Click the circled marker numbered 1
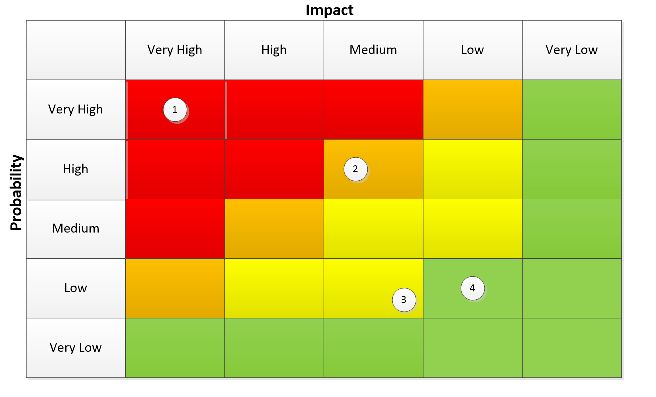tap(175, 110)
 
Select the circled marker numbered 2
tap(355, 169)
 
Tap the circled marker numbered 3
tap(404, 299)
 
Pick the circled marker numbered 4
tap(472, 288)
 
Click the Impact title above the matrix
tap(329, 10)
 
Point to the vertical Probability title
tap(16, 193)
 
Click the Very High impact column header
tap(175, 50)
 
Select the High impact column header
tap(274, 50)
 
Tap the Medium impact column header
tap(373, 50)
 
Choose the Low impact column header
tap(472, 50)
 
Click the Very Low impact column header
tap(571, 50)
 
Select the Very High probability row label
tap(75, 109)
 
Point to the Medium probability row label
tap(75, 228)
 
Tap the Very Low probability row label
tap(75, 347)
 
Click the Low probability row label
tap(75, 288)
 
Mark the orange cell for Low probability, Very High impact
tap(175, 288)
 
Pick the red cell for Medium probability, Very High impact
tap(175, 228)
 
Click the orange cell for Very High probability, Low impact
tap(472, 109)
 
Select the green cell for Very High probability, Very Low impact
tap(571, 109)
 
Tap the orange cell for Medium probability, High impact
tap(274, 228)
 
